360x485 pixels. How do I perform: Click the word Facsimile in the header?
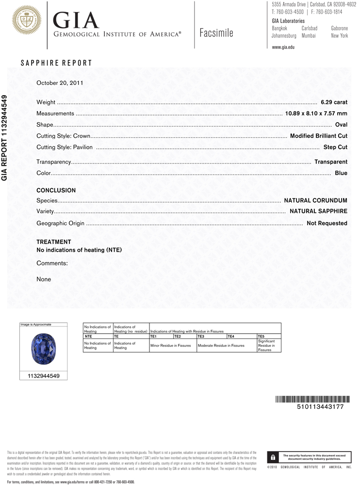pos(216,33)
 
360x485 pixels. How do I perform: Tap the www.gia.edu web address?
pos(283,47)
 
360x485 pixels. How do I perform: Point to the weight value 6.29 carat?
pos(334,102)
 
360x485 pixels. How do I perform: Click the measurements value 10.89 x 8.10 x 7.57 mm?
pos(316,113)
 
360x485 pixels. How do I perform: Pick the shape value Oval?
pos(341,125)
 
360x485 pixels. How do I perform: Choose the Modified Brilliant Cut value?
pos(318,136)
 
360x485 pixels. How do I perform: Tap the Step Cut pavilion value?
pos(335,147)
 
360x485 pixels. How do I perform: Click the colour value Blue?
pos(341,173)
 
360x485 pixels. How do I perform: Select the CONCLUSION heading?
pos(56,191)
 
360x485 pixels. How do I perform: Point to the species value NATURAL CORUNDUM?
pos(315,200)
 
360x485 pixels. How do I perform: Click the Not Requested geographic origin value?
pos(327,223)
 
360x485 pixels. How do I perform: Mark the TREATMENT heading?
pos(54,242)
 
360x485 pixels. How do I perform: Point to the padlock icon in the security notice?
pos(273,457)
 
